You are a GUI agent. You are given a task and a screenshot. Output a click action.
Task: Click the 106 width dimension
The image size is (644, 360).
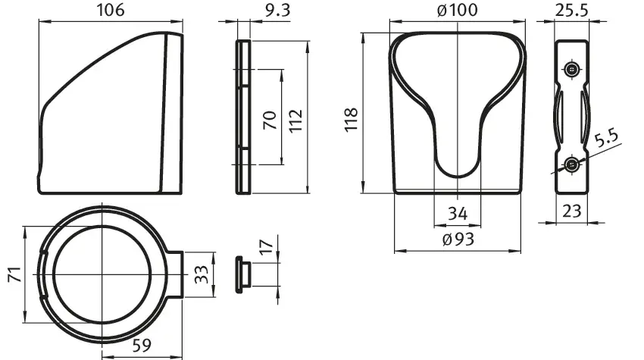tap(110, 10)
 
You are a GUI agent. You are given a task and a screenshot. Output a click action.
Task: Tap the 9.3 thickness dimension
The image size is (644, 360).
tap(277, 11)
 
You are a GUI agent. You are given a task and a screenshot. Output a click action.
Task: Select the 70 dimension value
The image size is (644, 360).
tap(270, 121)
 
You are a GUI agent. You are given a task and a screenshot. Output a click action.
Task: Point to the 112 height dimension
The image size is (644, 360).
tap(295, 121)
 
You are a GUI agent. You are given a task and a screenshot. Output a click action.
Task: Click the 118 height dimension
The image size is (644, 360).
tap(351, 120)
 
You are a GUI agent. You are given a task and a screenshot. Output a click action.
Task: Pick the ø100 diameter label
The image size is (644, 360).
tap(458, 10)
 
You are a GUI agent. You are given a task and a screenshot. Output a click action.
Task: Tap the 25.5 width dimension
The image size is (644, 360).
tap(572, 10)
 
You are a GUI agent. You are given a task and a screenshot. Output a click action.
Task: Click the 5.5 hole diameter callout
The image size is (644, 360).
tap(607, 138)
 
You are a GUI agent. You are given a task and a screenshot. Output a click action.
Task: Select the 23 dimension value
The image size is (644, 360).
tap(572, 211)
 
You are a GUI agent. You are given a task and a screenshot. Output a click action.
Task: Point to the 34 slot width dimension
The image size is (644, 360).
tap(458, 214)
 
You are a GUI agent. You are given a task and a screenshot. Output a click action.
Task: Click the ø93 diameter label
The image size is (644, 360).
tap(458, 239)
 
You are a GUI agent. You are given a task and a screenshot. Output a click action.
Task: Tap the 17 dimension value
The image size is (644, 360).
tap(267, 246)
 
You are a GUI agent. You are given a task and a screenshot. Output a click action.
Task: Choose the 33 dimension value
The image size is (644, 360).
tap(202, 274)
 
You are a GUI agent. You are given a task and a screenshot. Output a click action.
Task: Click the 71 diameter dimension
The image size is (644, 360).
tap(15, 274)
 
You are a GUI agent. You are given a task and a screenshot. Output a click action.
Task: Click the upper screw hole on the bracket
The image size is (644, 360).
tap(571, 70)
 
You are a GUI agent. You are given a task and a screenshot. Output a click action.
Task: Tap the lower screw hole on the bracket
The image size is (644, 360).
tap(571, 164)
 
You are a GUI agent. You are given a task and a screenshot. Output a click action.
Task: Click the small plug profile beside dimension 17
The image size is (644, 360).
tap(243, 274)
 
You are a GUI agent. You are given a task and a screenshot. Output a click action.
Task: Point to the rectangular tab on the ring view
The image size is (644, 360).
tap(174, 274)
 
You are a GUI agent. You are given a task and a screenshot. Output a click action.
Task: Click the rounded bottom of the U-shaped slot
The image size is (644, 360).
tap(457, 167)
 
